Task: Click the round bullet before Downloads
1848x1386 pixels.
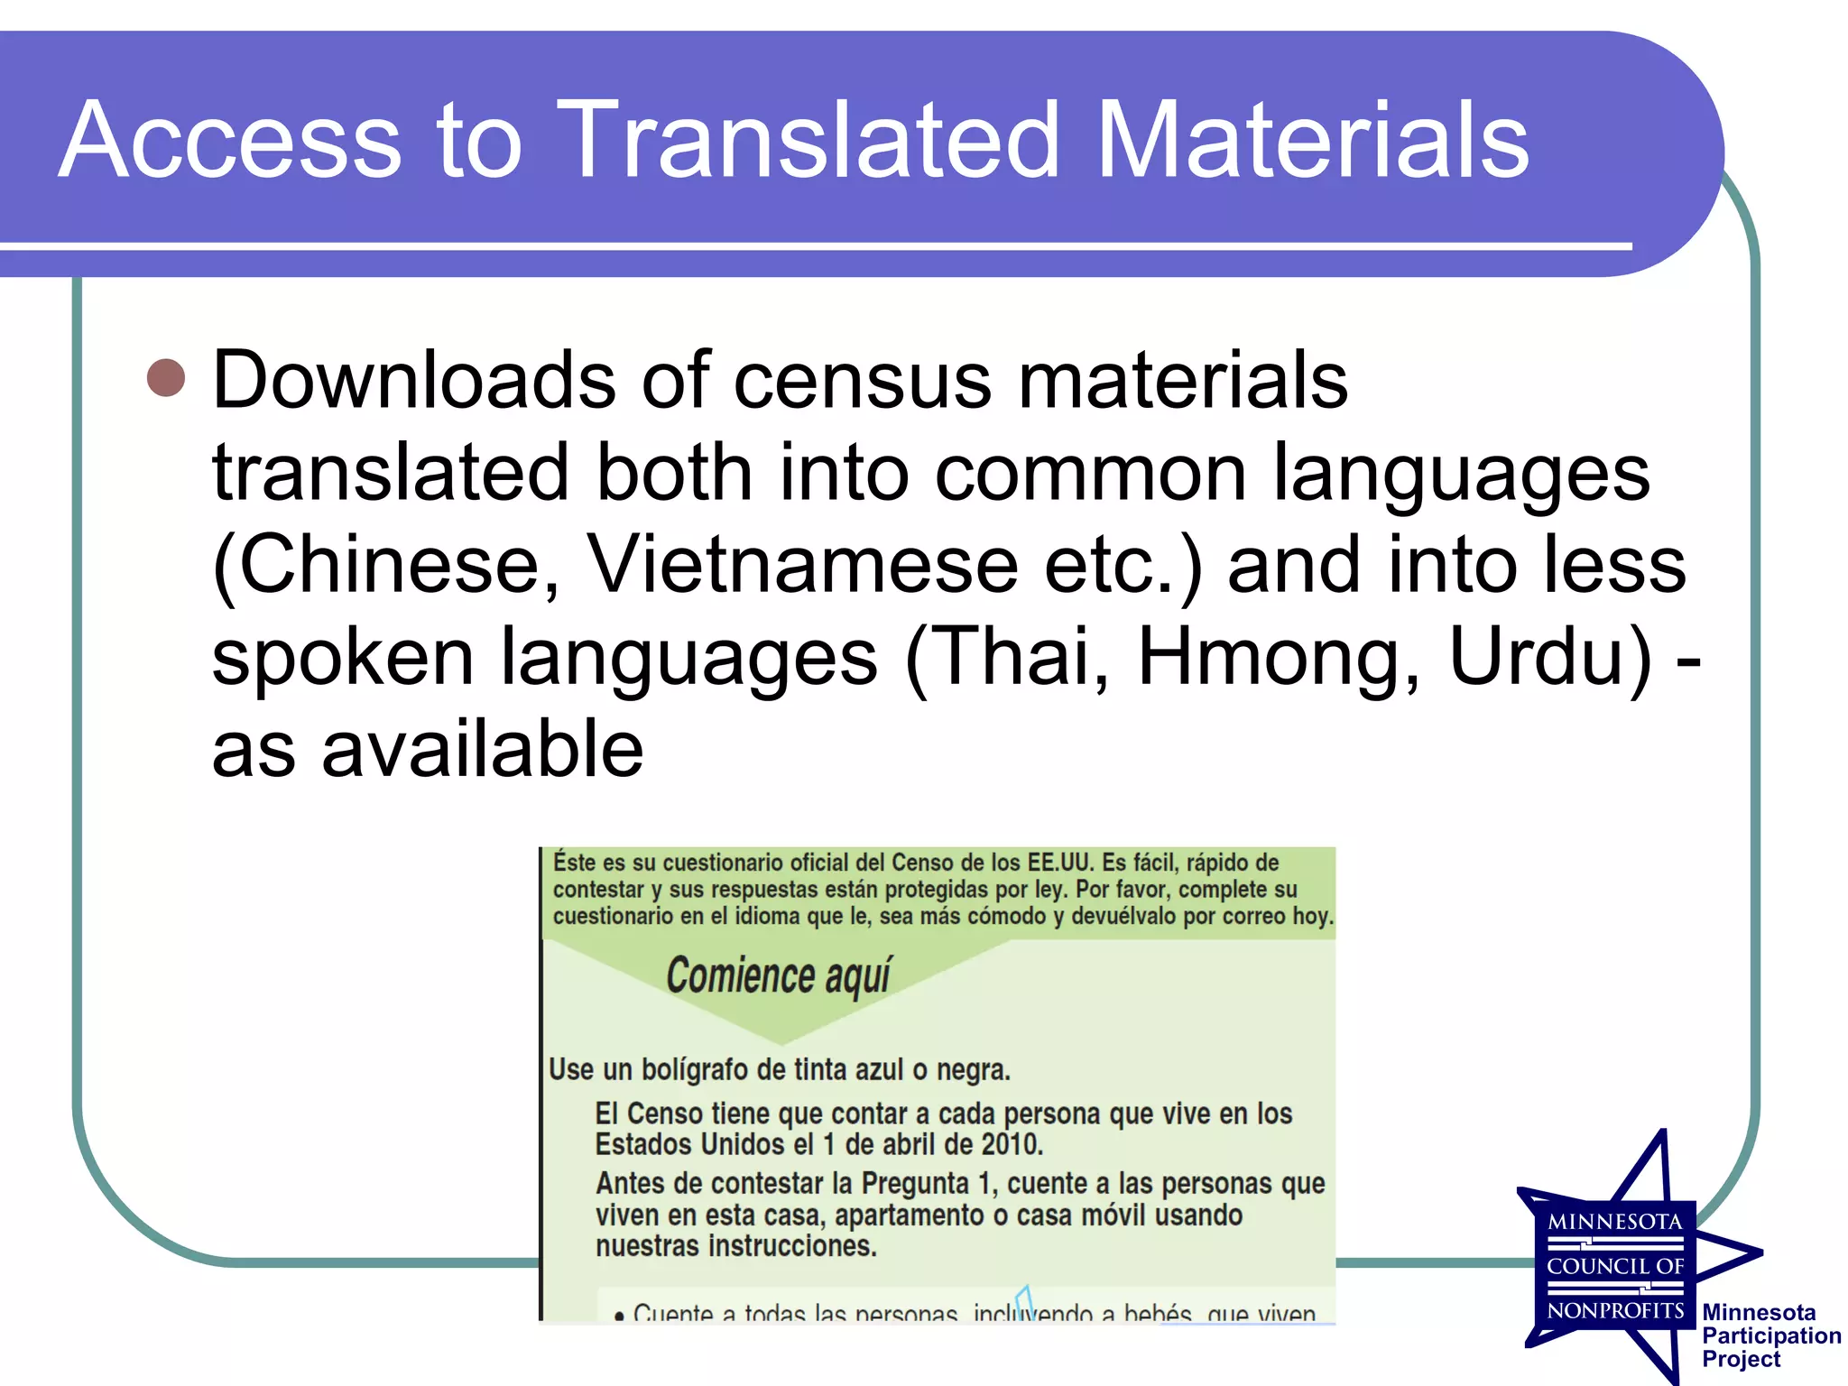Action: [166, 378]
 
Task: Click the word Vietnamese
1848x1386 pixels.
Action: [803, 565]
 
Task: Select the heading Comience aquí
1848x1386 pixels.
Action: [778, 976]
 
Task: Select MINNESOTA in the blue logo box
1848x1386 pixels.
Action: [1614, 1222]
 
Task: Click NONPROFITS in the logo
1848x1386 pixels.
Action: [1615, 1310]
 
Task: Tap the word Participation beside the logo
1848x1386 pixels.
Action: [1771, 1335]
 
